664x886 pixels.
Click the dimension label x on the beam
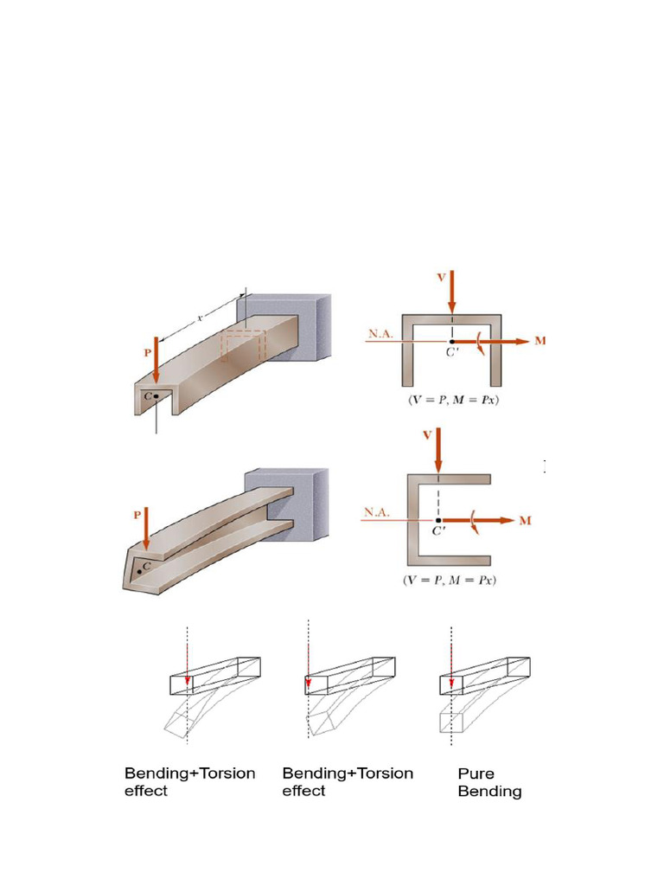(x=200, y=318)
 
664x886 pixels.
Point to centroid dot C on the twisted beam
(x=139, y=572)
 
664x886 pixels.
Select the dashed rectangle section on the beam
(x=242, y=346)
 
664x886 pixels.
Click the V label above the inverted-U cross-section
(x=441, y=277)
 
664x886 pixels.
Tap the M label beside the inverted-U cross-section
(x=540, y=341)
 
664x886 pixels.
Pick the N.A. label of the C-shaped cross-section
(x=379, y=511)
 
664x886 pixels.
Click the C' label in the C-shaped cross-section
(x=439, y=531)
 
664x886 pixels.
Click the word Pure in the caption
(x=476, y=774)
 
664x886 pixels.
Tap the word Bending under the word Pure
(x=489, y=792)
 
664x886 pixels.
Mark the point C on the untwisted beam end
(x=156, y=396)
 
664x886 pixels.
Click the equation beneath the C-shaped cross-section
(x=450, y=580)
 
